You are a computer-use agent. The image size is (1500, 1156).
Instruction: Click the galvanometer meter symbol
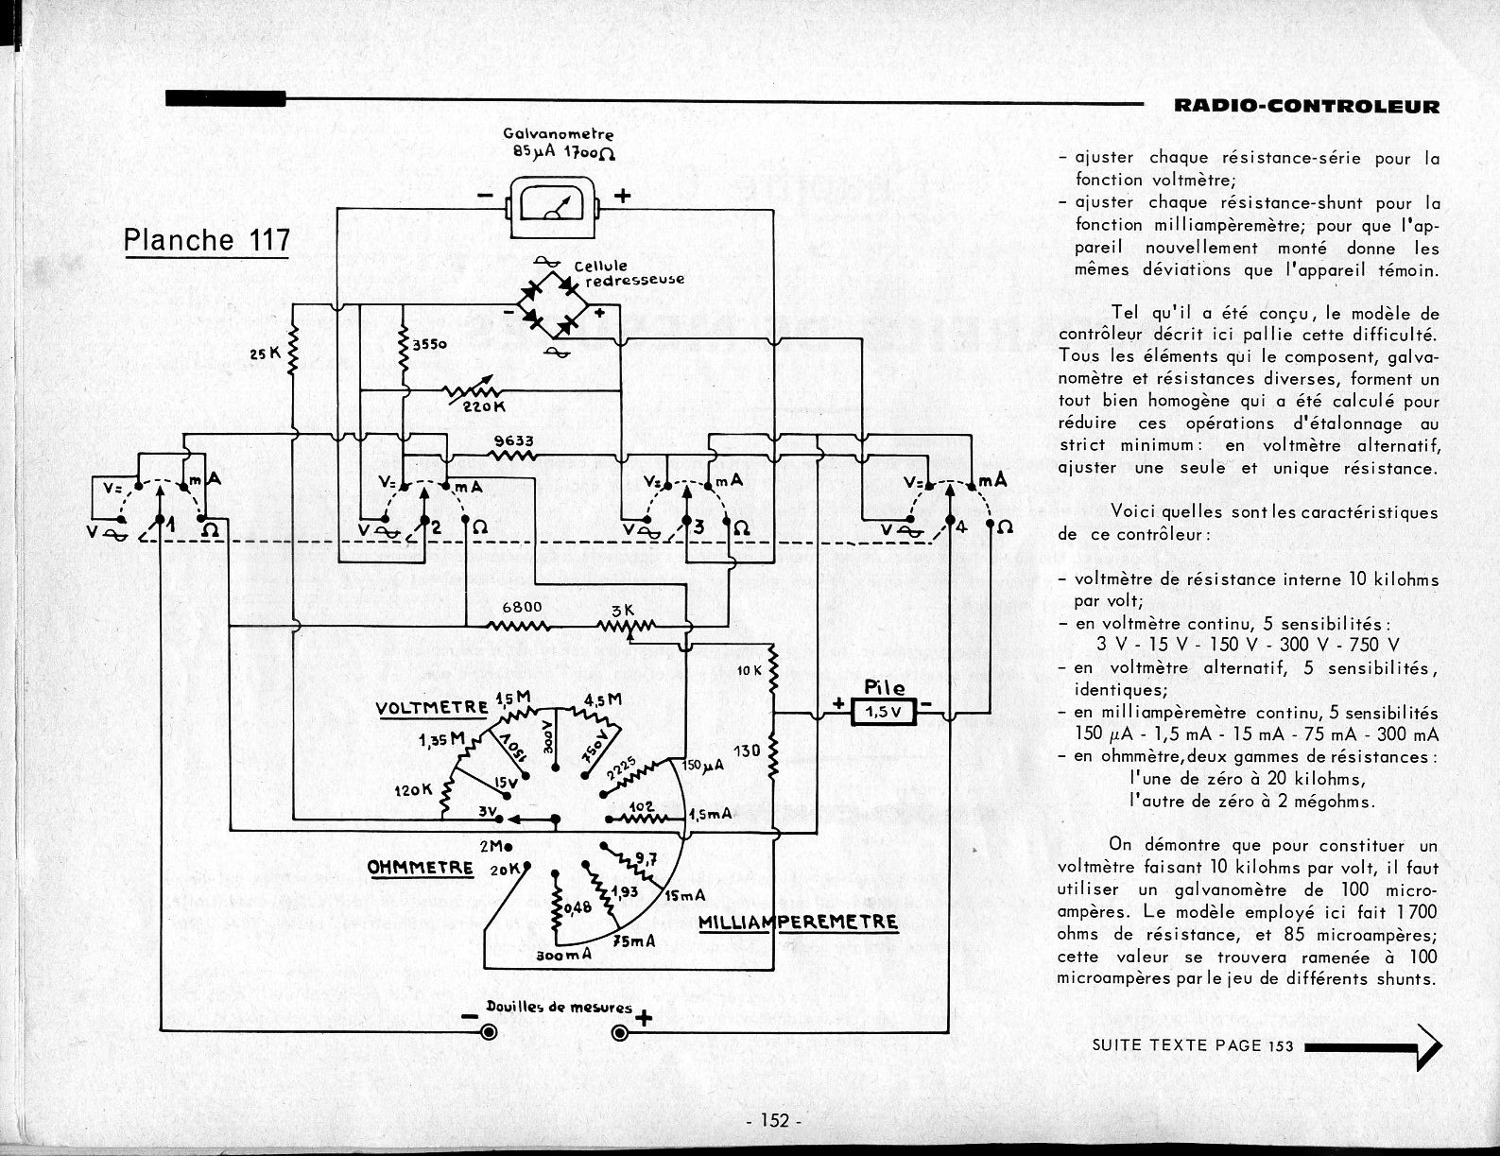555,206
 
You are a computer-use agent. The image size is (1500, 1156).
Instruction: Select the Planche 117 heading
207,240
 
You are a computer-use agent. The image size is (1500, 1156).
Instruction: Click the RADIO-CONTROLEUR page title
1306,106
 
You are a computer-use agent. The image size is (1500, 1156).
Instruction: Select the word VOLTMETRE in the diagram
431,708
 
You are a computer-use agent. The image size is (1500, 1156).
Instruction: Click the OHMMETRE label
421,866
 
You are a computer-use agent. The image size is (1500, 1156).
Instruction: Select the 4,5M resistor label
603,700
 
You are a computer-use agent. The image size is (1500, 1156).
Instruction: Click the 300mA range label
563,956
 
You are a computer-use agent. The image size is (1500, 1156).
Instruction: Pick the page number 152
772,1121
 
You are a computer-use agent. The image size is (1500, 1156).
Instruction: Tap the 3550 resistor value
429,346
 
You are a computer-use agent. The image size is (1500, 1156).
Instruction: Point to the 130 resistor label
747,751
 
